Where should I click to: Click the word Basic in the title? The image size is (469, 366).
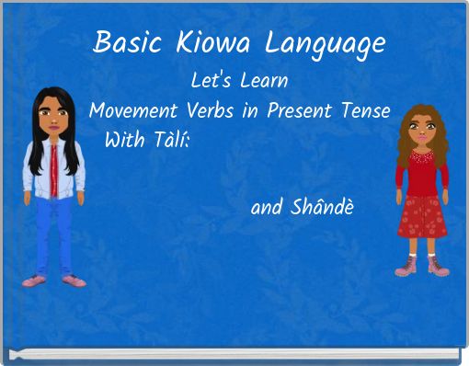[x=126, y=43]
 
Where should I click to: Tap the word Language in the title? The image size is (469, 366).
[x=324, y=44]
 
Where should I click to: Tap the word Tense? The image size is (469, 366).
[x=366, y=111]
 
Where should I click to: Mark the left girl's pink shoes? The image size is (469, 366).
[x=51, y=278]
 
